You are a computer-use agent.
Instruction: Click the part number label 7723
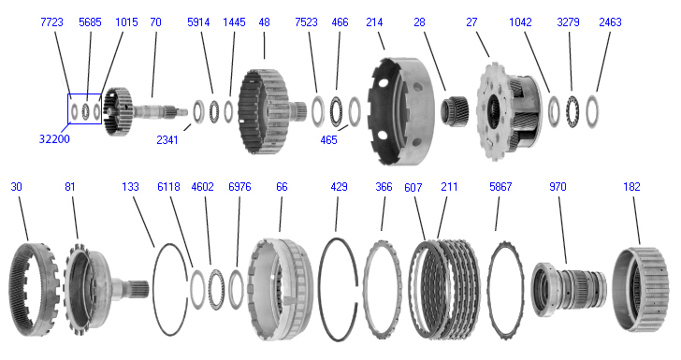(51, 22)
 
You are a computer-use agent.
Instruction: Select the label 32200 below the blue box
(54, 139)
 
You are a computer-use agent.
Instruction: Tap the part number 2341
(167, 140)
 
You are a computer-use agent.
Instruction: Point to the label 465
(328, 140)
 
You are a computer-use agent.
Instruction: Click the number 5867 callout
(500, 187)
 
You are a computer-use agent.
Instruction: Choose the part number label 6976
(239, 187)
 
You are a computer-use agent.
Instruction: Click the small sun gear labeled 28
(456, 111)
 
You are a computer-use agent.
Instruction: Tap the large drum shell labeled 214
(400, 111)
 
